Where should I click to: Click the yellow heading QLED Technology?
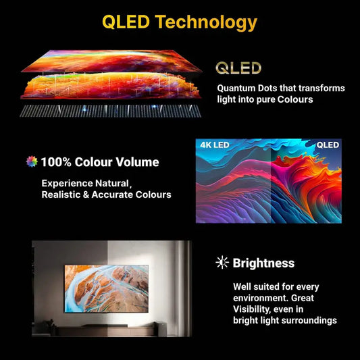(x=180, y=22)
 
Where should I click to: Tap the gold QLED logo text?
(x=238, y=68)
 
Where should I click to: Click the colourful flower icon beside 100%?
(x=32, y=161)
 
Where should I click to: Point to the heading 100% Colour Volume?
(x=100, y=162)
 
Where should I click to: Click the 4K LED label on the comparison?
(x=215, y=145)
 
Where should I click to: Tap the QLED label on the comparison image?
(x=328, y=145)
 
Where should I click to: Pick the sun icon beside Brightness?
(x=222, y=263)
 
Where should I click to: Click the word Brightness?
(x=263, y=263)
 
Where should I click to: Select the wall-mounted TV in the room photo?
(x=106, y=288)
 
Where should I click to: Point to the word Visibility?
(x=255, y=309)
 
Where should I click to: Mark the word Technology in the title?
(x=206, y=22)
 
